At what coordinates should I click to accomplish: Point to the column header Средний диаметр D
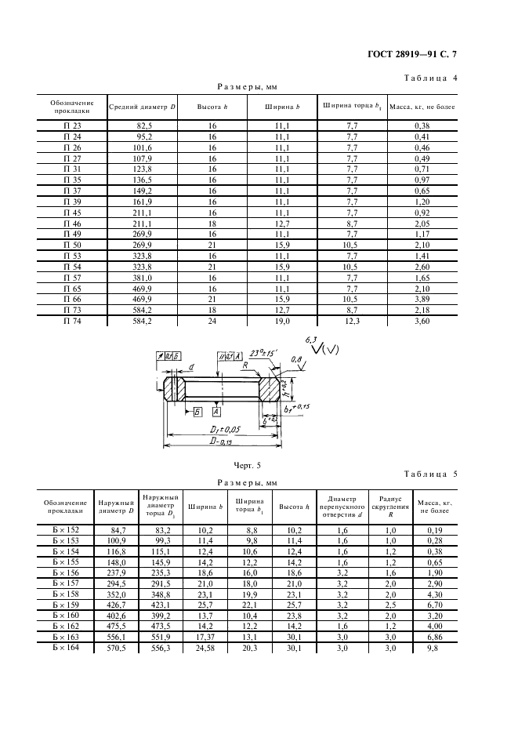[142, 106]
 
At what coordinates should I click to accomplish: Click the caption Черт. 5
[256, 465]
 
